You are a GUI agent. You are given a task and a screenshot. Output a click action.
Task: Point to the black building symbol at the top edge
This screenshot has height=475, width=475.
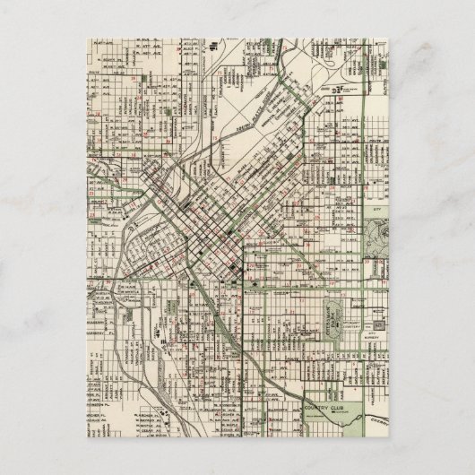[216, 42]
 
